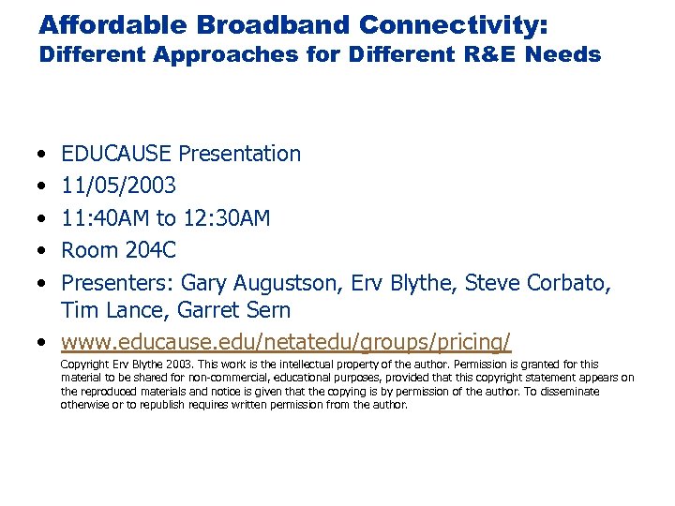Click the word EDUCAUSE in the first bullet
click(x=116, y=154)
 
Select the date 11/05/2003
click(x=116, y=186)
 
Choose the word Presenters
click(x=116, y=282)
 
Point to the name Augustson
click(x=279, y=282)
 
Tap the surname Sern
click(x=268, y=309)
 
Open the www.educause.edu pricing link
click(x=286, y=339)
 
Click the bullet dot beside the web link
click(x=45, y=340)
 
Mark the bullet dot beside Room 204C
click(x=45, y=251)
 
